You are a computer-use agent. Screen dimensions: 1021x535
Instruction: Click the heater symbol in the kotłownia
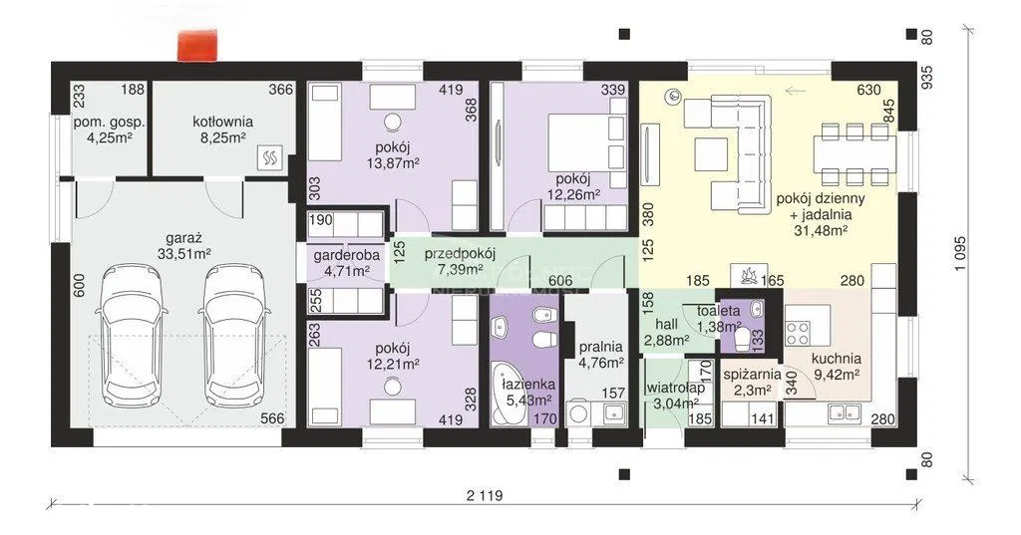[269, 156]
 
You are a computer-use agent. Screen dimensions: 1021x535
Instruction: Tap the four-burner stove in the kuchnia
[798, 333]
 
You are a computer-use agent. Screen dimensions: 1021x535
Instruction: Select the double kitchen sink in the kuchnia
[846, 411]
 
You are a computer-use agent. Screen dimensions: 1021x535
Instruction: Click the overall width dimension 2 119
[486, 495]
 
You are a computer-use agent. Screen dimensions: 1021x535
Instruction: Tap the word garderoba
[342, 255]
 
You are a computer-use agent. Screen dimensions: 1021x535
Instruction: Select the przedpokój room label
[461, 253]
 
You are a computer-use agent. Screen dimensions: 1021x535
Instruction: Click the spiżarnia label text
[752, 375]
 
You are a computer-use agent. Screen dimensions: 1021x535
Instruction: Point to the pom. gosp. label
[109, 123]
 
